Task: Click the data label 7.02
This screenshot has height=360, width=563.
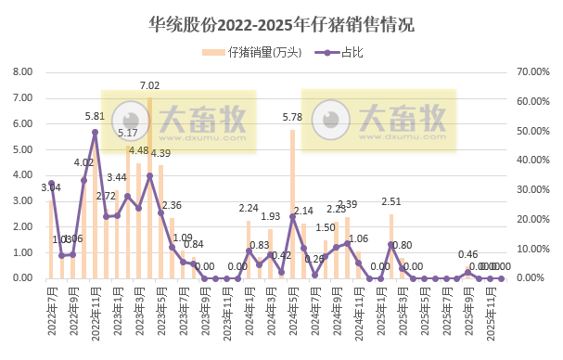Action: [x=150, y=85]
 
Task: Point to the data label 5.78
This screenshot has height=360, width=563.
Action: [x=292, y=118]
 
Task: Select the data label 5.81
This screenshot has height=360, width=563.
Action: [x=95, y=117]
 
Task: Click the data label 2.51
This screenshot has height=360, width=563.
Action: [x=391, y=201]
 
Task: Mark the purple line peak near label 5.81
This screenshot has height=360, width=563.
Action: [x=95, y=132]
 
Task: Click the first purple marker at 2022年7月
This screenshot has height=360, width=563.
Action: [x=51, y=184]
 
